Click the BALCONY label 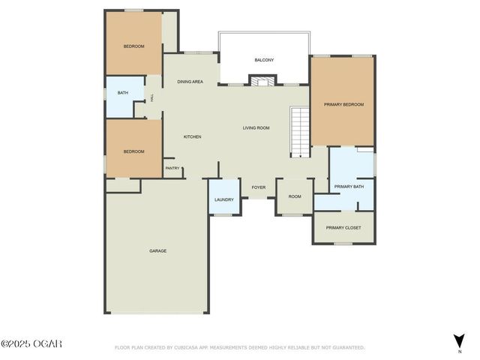point(263,60)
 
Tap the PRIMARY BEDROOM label point(343,105)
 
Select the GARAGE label point(157,250)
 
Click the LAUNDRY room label point(224,199)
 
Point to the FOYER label point(259,187)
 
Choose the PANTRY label point(172,168)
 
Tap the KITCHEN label point(193,136)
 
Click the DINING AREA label point(190,81)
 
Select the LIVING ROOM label point(256,127)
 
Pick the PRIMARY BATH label point(349,186)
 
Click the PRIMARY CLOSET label point(343,227)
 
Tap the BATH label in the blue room point(123,93)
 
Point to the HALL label point(153,97)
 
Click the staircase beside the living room point(300,132)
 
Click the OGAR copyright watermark point(31,343)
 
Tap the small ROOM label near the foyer point(295,196)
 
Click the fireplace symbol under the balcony point(262,80)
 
